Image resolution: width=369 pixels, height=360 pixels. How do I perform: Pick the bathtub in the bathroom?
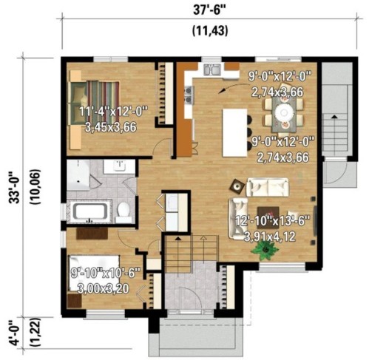91,213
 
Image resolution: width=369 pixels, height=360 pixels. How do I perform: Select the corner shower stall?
78,174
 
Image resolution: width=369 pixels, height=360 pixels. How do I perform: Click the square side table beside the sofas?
237,186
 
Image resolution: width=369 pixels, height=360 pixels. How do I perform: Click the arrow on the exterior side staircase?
338,118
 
